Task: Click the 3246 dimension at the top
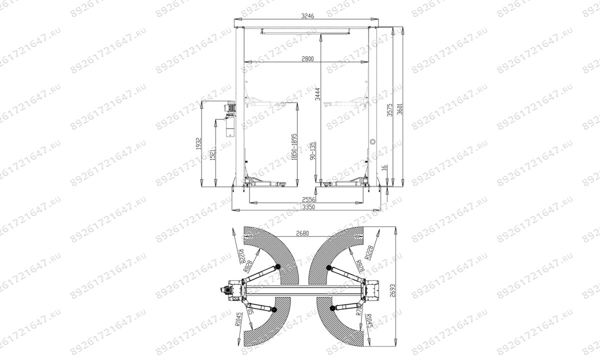(308, 16)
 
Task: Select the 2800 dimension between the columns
(307, 58)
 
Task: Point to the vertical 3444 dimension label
(316, 92)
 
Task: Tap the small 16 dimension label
(384, 169)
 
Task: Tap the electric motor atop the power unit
(230, 105)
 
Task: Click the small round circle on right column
(371, 141)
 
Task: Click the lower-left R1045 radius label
(238, 318)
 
